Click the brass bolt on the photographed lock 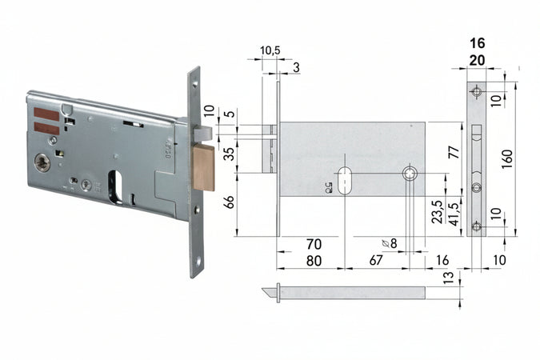pos(204,167)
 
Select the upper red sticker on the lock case pos(47,114)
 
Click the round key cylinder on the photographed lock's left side pos(42,163)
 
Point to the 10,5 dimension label pos(270,50)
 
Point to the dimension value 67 pos(376,261)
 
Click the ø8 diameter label pos(390,243)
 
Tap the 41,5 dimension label pos(453,214)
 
